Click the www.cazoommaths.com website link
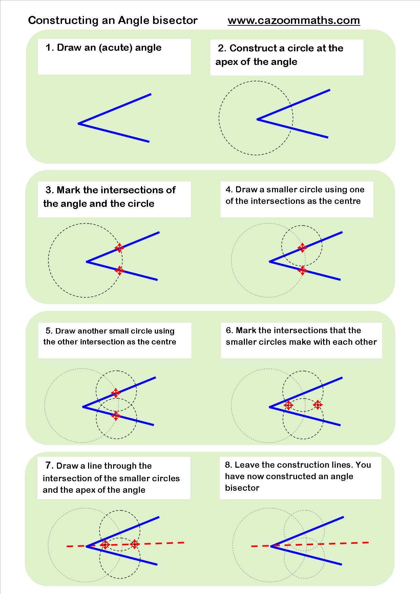coord(294,20)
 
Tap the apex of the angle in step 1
coord(79,124)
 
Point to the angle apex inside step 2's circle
coord(257,119)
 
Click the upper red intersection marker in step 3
coord(119,248)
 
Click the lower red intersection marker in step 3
coord(119,271)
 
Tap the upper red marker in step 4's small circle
coord(302,248)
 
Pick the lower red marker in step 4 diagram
coord(302,270)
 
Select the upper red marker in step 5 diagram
coord(115,393)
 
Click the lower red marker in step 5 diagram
coord(115,416)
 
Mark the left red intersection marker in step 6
coord(288,405)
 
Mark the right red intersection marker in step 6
coord(318,405)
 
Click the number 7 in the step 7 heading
coord(49,465)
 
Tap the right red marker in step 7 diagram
coord(134,544)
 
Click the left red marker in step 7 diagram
coord(105,545)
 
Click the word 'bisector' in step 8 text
coord(242,488)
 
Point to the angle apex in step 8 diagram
coord(271,546)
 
